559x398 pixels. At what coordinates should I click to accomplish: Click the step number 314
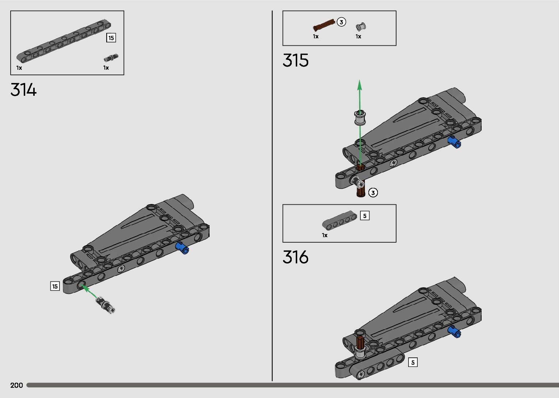[24, 90]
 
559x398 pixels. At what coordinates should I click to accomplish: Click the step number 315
[295, 60]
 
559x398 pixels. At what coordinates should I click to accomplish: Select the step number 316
[295, 257]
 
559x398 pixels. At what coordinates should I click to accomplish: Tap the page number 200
[17, 385]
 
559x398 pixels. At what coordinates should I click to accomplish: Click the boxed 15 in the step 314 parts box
[111, 38]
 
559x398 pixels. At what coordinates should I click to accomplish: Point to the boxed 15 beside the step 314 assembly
[55, 286]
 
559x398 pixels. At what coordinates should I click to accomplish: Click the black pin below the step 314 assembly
[105, 304]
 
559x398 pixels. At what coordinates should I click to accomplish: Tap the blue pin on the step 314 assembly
[182, 248]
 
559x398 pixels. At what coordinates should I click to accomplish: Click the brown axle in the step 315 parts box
[324, 25]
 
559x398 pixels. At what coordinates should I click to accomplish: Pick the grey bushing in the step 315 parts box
[360, 26]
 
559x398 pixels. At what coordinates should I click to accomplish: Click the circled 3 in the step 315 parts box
[341, 22]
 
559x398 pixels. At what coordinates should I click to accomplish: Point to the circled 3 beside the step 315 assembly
[373, 193]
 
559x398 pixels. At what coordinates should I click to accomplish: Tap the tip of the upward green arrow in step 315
[360, 81]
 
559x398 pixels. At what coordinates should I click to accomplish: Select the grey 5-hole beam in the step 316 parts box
[339, 221]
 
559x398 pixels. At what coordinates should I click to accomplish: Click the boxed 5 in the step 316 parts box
[364, 216]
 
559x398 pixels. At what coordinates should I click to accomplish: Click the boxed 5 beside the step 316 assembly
[413, 362]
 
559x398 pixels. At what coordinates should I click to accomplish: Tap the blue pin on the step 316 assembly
[454, 331]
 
